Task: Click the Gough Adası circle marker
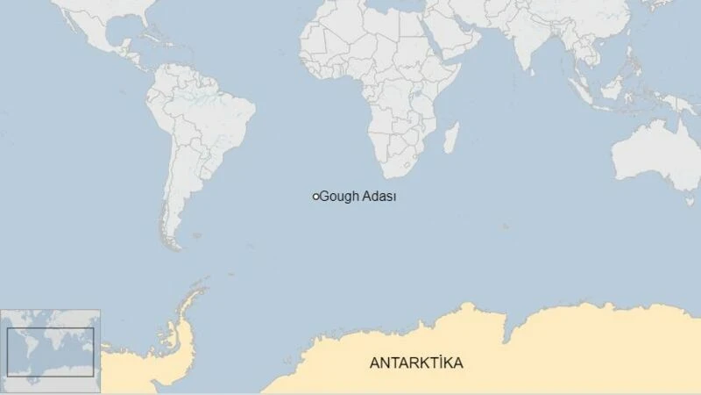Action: [x=315, y=197]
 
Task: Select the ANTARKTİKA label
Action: [x=416, y=363]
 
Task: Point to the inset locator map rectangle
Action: [x=50, y=352]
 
